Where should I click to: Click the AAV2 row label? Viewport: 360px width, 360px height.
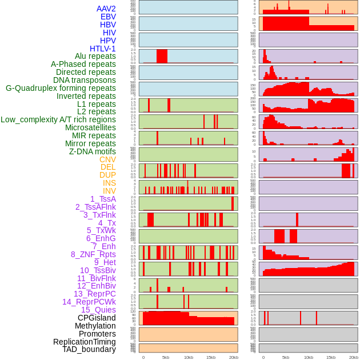(x=106, y=9)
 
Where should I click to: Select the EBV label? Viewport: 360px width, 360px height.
(x=108, y=17)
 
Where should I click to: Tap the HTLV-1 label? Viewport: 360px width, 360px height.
(x=103, y=49)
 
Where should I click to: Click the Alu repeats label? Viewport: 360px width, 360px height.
(x=95, y=56)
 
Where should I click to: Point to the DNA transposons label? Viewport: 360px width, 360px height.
(x=85, y=80)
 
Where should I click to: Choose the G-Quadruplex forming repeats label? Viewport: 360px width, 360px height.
(x=61, y=88)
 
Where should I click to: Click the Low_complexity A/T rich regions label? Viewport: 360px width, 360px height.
(x=58, y=119)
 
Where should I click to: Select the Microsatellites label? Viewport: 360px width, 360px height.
(x=90, y=127)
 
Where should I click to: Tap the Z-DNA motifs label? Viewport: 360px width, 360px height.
(x=93, y=151)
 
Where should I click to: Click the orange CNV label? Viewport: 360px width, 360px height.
(x=107, y=159)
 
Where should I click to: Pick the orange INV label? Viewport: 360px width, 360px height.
(x=109, y=191)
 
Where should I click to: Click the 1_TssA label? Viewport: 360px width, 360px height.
(x=103, y=199)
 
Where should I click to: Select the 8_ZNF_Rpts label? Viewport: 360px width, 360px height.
(x=93, y=254)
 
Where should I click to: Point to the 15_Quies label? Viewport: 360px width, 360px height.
(x=98, y=310)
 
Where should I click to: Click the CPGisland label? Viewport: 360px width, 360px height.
(x=97, y=318)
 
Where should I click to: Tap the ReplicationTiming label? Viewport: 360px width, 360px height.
(x=85, y=342)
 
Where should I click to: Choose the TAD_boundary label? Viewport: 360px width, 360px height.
(x=89, y=349)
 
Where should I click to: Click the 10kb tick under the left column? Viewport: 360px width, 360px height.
(x=189, y=357)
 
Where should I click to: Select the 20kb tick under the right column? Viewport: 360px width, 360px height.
(x=354, y=357)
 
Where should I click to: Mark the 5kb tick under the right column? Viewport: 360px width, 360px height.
(x=286, y=357)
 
